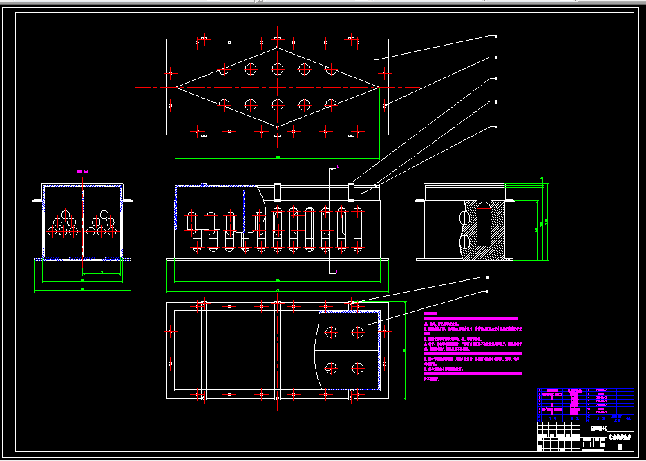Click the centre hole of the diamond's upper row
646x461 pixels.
pos(278,68)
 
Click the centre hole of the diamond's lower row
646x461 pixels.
pos(278,105)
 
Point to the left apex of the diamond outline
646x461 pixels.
pos(175,87)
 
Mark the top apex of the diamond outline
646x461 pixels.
pos(277,47)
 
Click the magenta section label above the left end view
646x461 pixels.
pos(83,171)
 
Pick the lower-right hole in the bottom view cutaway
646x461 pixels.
pos(357,367)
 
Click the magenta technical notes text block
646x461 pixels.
pos(473,345)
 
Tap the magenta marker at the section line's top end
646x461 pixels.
pos(336,167)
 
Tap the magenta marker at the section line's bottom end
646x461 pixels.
pos(336,272)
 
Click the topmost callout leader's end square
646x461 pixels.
pos(495,36)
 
